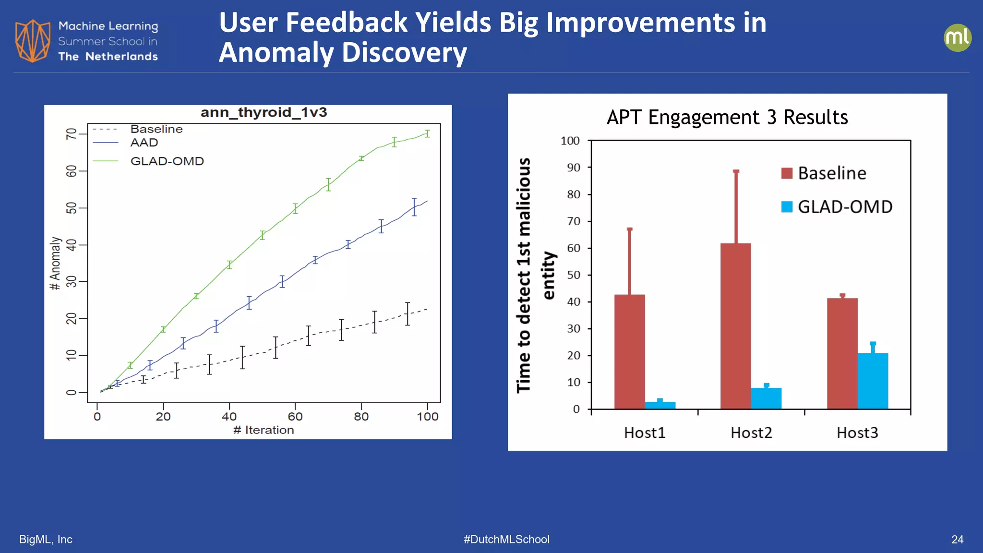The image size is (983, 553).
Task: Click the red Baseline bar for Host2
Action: pyautogui.click(x=735, y=326)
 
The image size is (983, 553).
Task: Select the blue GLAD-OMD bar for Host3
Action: pyautogui.click(x=873, y=381)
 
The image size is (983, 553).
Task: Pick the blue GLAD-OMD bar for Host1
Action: pyautogui.click(x=660, y=405)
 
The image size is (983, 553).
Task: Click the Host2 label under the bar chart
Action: pyautogui.click(x=751, y=433)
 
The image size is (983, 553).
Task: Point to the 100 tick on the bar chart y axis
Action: pyautogui.click(x=570, y=141)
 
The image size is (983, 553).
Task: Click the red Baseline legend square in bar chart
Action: pyautogui.click(x=787, y=173)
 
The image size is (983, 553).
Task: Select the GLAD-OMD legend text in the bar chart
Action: pyautogui.click(x=845, y=207)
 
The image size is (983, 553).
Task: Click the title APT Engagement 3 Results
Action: pyautogui.click(x=727, y=118)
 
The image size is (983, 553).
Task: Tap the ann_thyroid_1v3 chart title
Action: pyautogui.click(x=264, y=112)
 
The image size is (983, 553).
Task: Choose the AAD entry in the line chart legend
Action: pyautogui.click(x=144, y=143)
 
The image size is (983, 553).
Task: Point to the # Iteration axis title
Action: pyautogui.click(x=264, y=430)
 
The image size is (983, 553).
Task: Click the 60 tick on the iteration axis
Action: pyautogui.click(x=295, y=416)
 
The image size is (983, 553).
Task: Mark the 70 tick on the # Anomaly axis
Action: pyautogui.click(x=71, y=133)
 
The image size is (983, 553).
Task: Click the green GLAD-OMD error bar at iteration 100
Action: pyautogui.click(x=427, y=133)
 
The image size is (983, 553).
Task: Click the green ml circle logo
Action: pyautogui.click(x=957, y=38)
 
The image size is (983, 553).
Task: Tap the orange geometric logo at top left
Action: pyautogui.click(x=33, y=41)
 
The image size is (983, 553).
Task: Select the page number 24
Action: pyautogui.click(x=957, y=540)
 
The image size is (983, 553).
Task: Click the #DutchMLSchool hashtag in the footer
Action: pyautogui.click(x=506, y=540)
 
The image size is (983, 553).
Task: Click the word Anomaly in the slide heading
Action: pyautogui.click(x=276, y=53)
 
